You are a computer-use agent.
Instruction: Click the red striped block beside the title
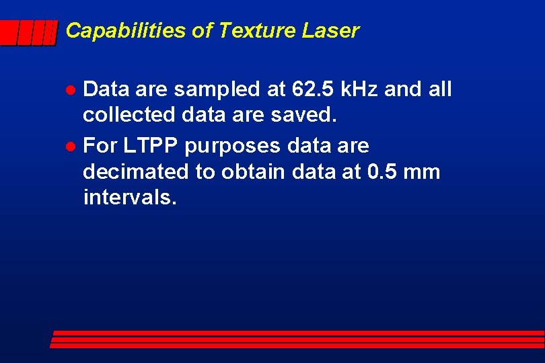coord(29,32)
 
